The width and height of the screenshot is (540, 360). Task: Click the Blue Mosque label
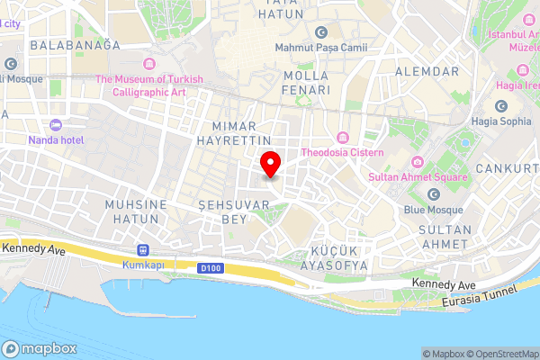[x=433, y=210]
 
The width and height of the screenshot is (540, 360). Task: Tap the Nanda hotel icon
[x=56, y=124]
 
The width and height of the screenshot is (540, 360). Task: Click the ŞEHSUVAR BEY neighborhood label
[x=221, y=212]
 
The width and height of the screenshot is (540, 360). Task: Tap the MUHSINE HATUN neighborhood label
[x=136, y=212]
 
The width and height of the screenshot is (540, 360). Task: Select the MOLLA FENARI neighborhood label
[x=306, y=83]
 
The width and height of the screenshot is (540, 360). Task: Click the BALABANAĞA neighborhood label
[x=75, y=45]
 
